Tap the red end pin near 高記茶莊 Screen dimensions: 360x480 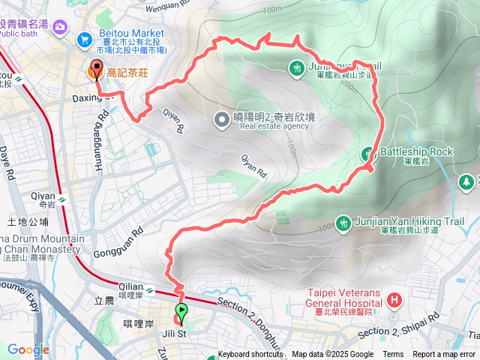[96, 71]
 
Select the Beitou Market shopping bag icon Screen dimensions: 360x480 [85, 39]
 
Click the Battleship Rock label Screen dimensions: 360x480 [416, 151]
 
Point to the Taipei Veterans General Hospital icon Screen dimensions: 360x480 [394, 303]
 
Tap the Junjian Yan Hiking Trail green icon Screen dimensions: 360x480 [343, 223]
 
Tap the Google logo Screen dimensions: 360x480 [28, 349]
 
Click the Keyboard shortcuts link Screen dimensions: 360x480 [250, 355]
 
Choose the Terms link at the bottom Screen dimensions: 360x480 [393, 355]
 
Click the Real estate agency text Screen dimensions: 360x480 [274, 126]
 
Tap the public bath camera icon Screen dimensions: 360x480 [60, 28]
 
